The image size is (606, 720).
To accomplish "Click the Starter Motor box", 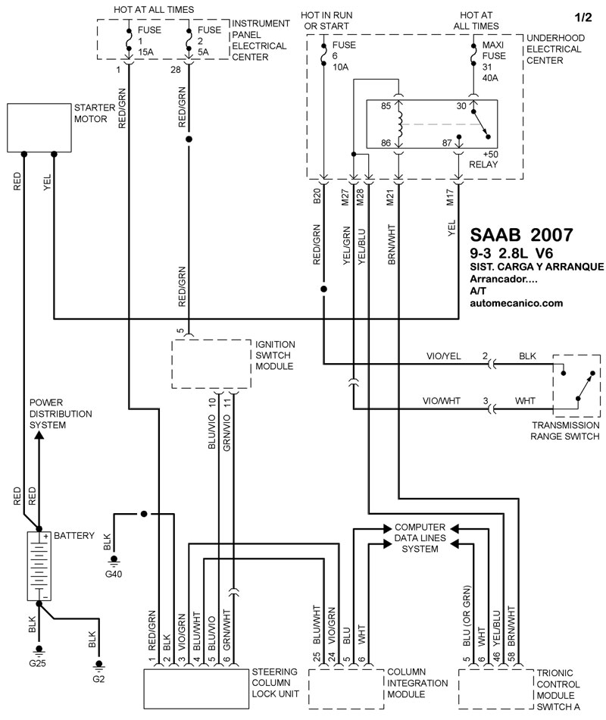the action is tap(39, 127).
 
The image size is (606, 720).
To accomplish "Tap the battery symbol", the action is tap(39, 565).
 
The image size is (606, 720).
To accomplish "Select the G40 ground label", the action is tap(114, 574).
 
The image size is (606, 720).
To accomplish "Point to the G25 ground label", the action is tap(37, 663).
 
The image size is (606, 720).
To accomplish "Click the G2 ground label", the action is tap(98, 678).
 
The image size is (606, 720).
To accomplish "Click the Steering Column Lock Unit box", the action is tap(196, 689).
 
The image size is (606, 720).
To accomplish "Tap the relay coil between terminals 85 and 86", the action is tap(400, 125).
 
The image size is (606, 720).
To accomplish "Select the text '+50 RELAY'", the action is tap(483, 159).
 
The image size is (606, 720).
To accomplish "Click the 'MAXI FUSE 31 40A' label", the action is tap(494, 61).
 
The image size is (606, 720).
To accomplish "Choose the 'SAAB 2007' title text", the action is tap(521, 235).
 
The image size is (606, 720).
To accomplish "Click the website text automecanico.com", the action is tap(516, 303).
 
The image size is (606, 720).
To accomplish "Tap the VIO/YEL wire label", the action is tap(443, 356).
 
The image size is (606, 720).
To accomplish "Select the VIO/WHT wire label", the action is tap(441, 401).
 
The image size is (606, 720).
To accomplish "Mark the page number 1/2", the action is tap(583, 17).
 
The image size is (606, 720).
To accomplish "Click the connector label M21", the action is tap(390, 198).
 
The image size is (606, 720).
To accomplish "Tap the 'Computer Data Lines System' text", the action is tap(420, 537).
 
